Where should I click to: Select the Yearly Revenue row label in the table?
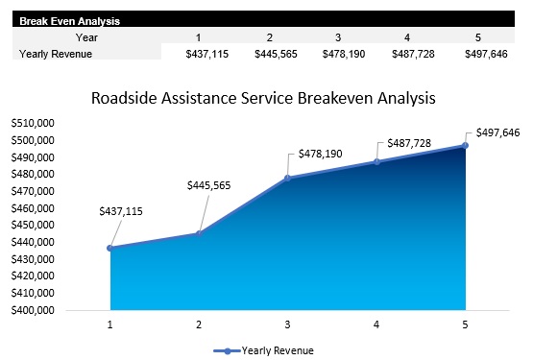point(56,54)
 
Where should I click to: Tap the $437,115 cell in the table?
point(206,54)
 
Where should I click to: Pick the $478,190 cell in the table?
point(344,54)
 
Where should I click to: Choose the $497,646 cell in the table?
point(482,54)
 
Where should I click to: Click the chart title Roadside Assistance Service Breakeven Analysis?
point(263,98)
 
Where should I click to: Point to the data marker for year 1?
point(110,248)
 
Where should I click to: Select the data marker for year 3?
point(287,178)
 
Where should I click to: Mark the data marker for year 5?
point(465,145)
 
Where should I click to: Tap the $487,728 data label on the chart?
point(410,144)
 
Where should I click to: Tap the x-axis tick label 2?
point(199,324)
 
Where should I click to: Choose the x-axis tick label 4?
point(376,324)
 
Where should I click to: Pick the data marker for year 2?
point(199,233)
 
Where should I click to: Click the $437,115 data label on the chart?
point(120,211)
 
